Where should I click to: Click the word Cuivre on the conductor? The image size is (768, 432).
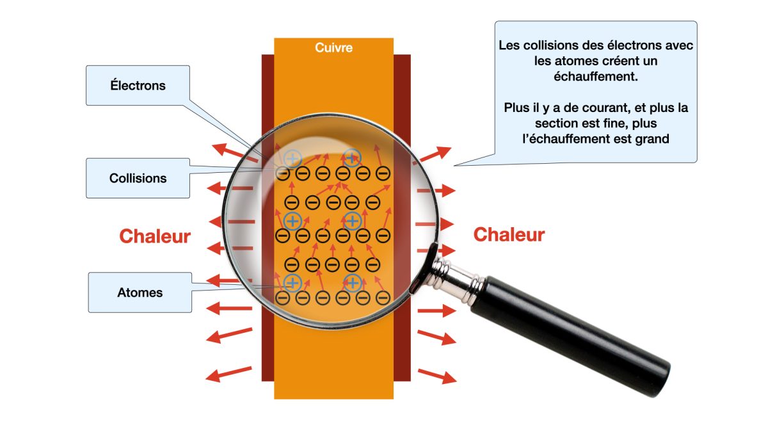tap(333, 48)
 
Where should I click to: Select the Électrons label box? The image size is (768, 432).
tap(138, 85)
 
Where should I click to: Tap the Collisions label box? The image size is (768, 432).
tap(138, 178)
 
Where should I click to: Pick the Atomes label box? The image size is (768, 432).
tap(140, 292)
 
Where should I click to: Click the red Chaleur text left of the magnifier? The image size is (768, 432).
tap(155, 236)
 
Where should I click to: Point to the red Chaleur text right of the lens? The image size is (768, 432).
tap(509, 235)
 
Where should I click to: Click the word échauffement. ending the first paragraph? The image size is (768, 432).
tap(596, 76)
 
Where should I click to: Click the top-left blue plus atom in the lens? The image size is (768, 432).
tap(292, 158)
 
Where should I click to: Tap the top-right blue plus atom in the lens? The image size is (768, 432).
tap(351, 157)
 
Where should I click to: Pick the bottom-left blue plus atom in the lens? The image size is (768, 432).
tap(292, 282)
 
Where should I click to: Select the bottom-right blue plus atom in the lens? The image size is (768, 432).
tap(353, 282)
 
